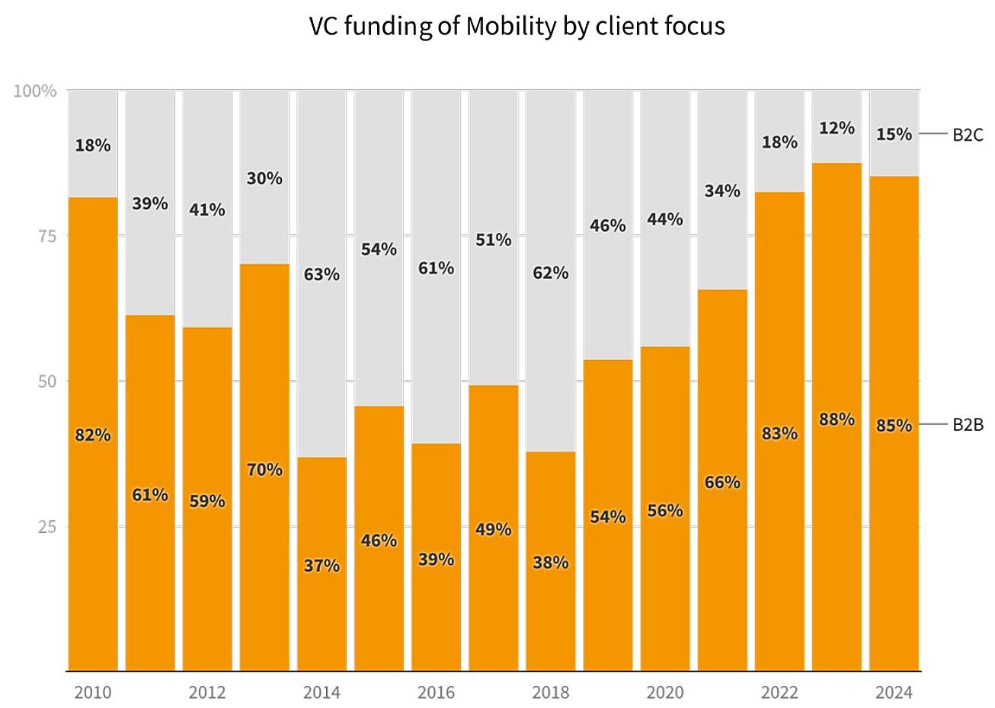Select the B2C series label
coord(968,135)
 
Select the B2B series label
coord(968,425)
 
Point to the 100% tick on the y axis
coord(35,91)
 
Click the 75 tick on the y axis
coord(47,236)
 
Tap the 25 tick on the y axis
coord(47,526)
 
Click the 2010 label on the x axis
coord(93,692)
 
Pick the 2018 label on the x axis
coord(550,692)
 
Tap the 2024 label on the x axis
coord(894,692)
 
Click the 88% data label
coord(837,419)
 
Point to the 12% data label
coord(837,129)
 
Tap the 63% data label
coord(322,274)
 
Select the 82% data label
coord(93,435)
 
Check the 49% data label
coord(493,529)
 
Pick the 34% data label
coord(722,191)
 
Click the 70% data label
coord(264,470)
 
